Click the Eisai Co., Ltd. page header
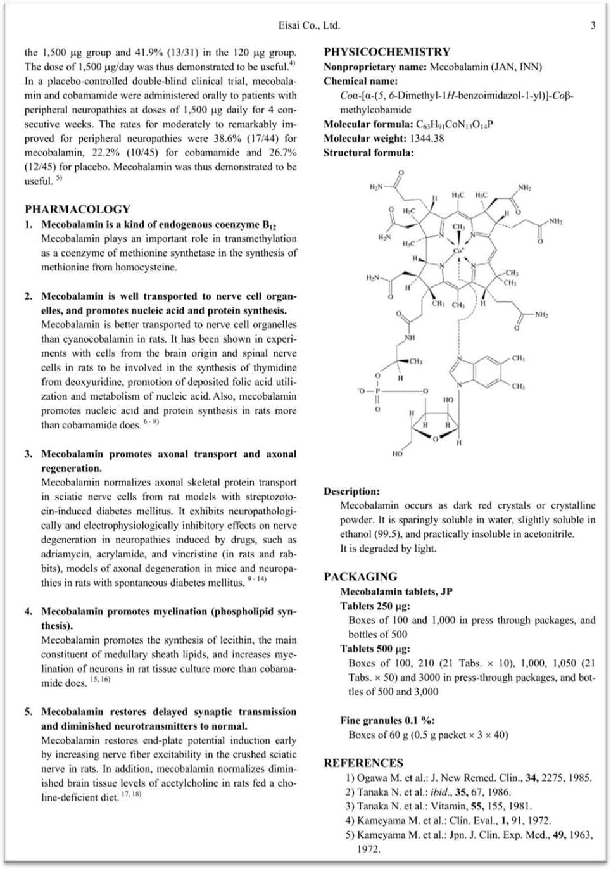tap(309, 25)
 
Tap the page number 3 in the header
tap(593, 25)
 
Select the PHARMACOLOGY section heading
tap(77, 209)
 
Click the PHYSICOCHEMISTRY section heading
tap(387, 52)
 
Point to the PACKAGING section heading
tap(360, 576)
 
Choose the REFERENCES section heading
tap(363, 763)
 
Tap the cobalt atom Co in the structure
tap(458, 251)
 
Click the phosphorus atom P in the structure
tap(377, 391)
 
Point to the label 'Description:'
tap(351, 491)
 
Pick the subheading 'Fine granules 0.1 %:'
tap(387, 720)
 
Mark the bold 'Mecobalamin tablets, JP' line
tap(396, 592)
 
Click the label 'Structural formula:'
tap(368, 153)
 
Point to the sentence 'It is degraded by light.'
tap(388, 549)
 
